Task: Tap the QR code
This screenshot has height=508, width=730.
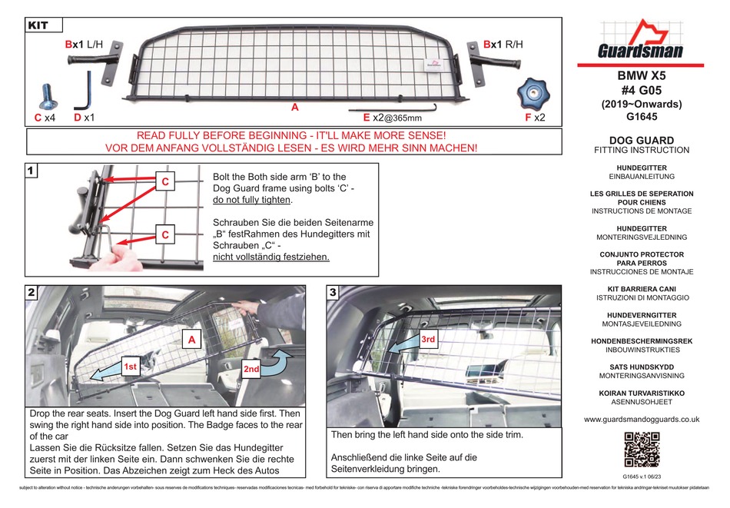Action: [642, 450]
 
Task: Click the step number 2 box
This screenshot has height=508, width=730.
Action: [32, 293]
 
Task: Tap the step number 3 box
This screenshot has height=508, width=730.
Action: [333, 293]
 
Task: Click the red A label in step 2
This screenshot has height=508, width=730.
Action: [191, 337]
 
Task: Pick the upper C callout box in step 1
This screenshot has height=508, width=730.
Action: [164, 182]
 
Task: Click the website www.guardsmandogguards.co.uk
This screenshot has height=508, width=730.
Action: [642, 420]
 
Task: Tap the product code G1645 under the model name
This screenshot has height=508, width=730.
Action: [642, 118]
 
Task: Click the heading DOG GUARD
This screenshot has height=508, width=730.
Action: [642, 140]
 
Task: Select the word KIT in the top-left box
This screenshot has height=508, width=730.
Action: [38, 25]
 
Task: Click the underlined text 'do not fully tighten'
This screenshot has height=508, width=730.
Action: [253, 200]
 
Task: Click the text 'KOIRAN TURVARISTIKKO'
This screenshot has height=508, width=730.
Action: [642, 393]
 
